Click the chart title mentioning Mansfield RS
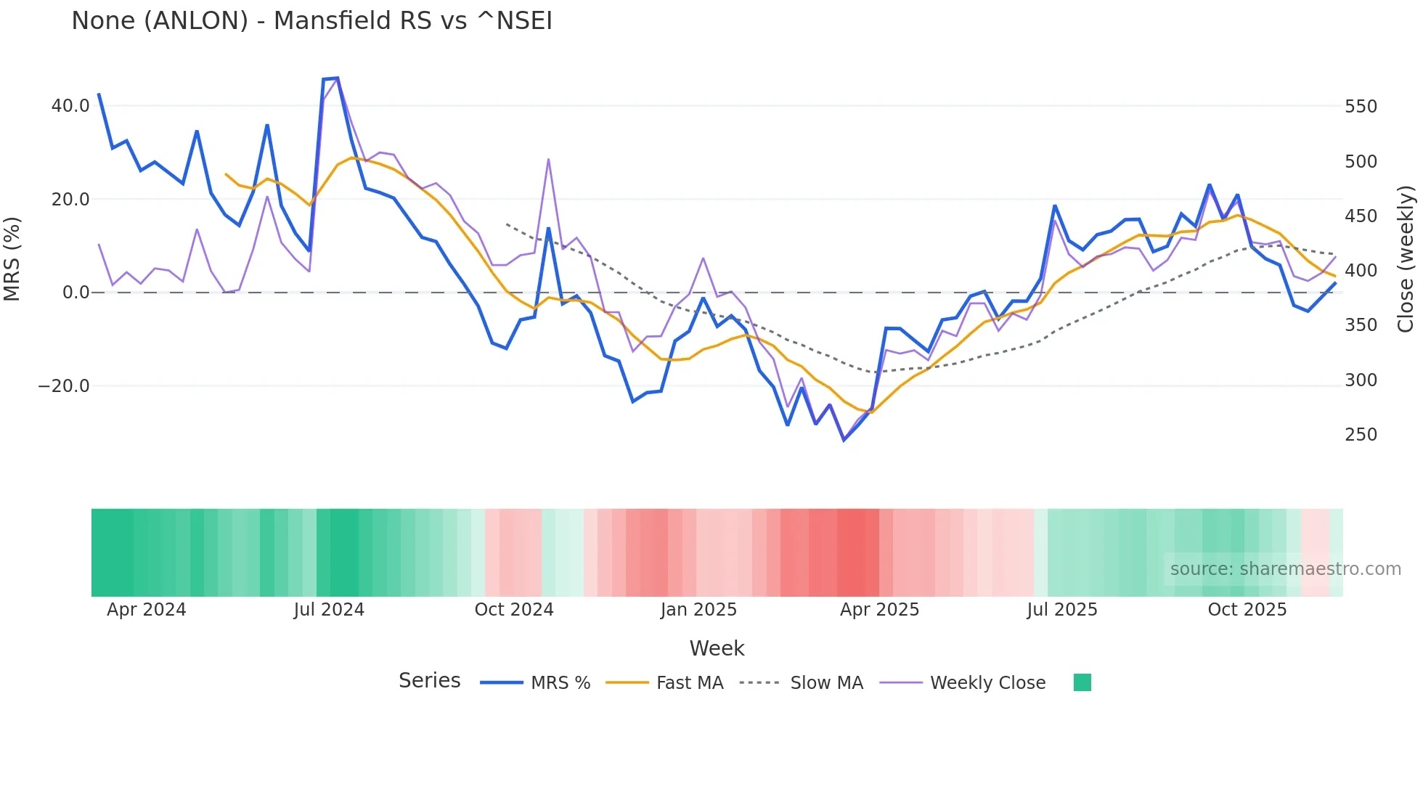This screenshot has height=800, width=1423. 311,21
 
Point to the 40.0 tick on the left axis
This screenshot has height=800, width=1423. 70,106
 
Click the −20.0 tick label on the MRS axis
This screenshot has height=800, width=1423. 64,386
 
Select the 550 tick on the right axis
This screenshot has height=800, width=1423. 1361,107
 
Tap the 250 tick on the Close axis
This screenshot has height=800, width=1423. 1361,435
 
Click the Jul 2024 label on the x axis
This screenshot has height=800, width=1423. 329,610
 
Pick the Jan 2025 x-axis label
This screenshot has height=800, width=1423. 698,610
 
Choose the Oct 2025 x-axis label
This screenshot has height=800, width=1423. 1247,610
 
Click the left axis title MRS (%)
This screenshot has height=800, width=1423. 12,258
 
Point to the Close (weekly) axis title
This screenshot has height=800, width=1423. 1406,258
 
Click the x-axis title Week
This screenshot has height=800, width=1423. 717,648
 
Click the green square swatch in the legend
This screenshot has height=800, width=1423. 1082,682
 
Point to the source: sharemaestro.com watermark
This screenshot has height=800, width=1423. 1285,569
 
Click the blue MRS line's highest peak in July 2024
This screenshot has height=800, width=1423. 337,78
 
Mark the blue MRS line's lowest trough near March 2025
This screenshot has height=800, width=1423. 844,440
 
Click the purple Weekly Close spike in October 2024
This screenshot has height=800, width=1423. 548,159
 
